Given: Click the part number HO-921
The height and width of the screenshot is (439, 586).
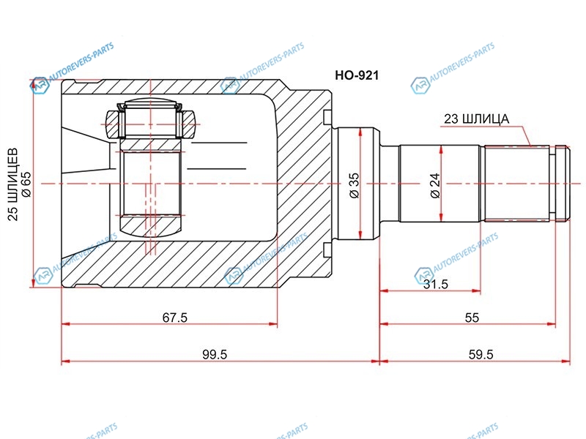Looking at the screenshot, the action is pos(357,75).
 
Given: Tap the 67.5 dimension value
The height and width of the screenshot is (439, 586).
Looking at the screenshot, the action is pos(174,318).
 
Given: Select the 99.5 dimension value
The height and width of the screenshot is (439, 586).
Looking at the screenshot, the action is pos(215,354).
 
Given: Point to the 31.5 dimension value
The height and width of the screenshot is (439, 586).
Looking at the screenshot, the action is pos(435,284).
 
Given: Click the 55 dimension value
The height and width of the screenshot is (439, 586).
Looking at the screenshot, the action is pos(472,318).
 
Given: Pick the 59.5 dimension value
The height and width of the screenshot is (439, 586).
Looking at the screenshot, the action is pos(481,354).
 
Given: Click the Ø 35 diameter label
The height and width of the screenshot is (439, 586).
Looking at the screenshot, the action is pos(354,185).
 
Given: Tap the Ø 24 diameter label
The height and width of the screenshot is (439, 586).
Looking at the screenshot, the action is pos(435,185).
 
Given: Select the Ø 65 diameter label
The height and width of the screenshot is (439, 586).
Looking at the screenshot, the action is pos(26,184).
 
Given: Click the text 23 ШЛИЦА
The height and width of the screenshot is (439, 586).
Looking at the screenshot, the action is pos(477,119).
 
